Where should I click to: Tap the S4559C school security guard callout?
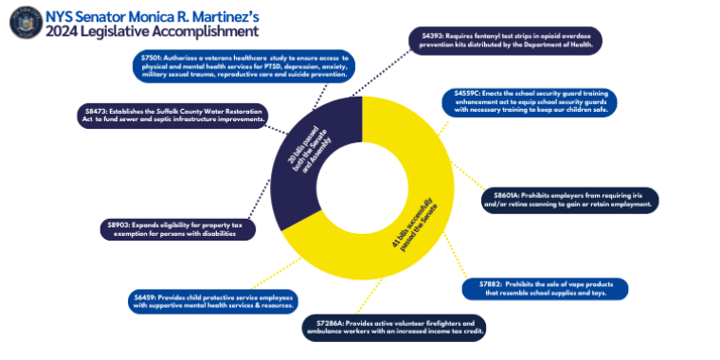tap(531, 101)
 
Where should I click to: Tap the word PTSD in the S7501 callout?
tap(283, 66)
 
